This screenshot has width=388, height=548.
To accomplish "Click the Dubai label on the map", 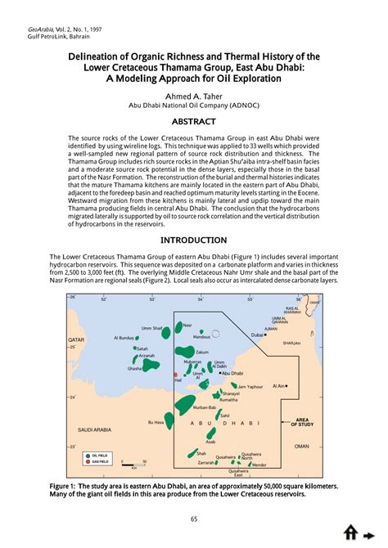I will (x=257, y=335).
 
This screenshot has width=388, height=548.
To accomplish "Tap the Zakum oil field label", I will (x=191, y=352).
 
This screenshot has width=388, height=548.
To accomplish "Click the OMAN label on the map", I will (x=302, y=446).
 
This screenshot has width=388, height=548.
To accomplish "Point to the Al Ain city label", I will (x=278, y=385).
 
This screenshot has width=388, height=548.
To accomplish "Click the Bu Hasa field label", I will (x=156, y=422).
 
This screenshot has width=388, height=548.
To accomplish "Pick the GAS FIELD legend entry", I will (x=100, y=462).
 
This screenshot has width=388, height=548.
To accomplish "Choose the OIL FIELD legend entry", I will (x=100, y=455).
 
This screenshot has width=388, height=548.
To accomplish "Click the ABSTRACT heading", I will (x=194, y=122).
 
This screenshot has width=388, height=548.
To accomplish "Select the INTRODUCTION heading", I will (x=194, y=240).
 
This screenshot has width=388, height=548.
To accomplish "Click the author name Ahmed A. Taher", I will (x=194, y=96).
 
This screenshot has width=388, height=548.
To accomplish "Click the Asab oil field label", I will (x=210, y=440).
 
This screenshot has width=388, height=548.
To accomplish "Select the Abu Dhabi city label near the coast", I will (x=232, y=372).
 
